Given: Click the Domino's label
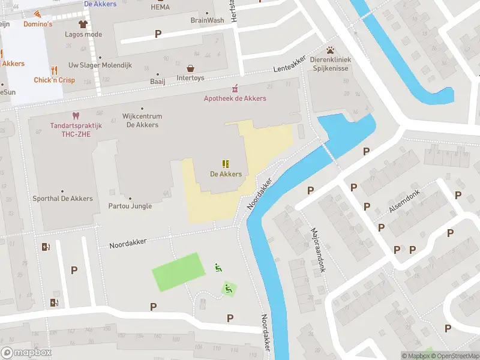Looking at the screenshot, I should [38, 24].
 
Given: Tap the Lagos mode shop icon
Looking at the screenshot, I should [83, 24].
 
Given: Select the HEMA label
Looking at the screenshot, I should [160, 7].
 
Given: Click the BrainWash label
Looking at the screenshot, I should [207, 20].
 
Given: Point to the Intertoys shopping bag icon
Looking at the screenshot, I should [191, 68].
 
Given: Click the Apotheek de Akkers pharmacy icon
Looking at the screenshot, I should [235, 88].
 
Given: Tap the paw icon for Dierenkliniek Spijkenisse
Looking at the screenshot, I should [330, 50].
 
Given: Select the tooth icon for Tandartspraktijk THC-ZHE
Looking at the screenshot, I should [76, 115].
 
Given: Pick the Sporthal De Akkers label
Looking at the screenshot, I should [63, 198].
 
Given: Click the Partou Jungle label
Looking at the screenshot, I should [130, 206].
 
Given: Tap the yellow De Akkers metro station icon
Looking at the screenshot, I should [226, 164].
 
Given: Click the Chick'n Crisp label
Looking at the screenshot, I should [54, 80].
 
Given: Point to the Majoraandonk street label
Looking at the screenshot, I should [317, 250].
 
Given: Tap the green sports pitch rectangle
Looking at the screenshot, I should [178, 272].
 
